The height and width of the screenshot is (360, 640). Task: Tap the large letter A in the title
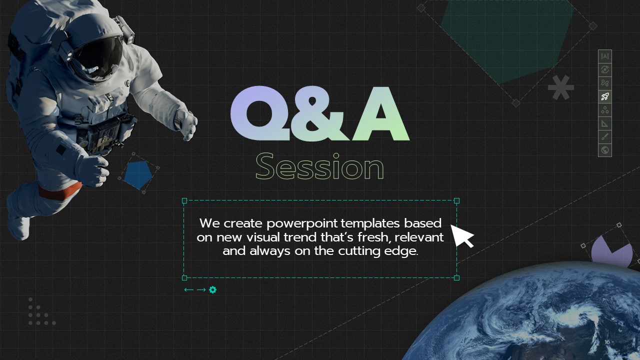(380, 113)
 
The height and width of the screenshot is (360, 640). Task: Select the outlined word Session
(319, 166)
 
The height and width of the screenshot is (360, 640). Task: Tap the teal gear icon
(212, 289)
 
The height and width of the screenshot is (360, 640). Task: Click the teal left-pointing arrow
(188, 289)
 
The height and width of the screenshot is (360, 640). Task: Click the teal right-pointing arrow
(201, 289)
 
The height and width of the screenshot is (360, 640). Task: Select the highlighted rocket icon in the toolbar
(605, 96)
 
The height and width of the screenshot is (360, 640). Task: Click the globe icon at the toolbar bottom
(605, 150)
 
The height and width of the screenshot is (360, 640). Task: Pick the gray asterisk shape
(561, 87)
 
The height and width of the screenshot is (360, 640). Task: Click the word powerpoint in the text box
(302, 223)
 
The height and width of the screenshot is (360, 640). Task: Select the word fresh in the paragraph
(373, 237)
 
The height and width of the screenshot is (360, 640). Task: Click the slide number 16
(607, 342)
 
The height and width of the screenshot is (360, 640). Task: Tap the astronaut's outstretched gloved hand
(186, 125)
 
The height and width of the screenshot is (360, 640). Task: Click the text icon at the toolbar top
(605, 56)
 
